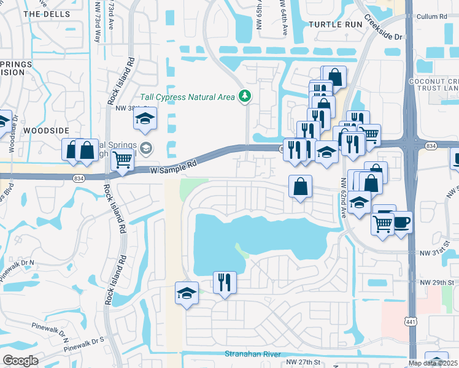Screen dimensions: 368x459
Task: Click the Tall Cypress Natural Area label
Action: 188,96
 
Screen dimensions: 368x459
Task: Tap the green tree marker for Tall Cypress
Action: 245,96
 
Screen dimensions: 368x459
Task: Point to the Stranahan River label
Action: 252,354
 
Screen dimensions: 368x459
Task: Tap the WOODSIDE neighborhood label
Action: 46,131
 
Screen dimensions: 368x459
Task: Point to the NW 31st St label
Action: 435,252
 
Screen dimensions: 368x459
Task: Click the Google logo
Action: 20,361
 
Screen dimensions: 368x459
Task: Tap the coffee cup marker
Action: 401,222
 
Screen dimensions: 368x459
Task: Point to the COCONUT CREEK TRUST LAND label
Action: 434,85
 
